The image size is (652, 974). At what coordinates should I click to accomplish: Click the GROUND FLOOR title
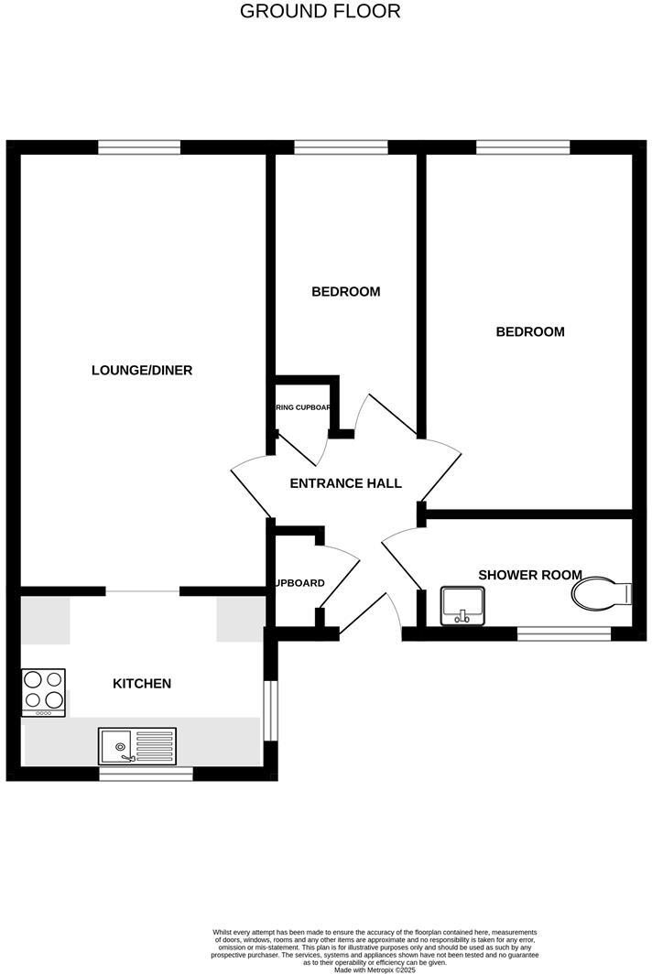(x=320, y=12)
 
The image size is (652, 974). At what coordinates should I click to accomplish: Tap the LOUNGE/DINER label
(x=142, y=371)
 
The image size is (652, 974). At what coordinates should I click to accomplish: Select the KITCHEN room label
(x=142, y=684)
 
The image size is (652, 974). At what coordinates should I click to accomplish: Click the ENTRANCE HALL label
(x=345, y=483)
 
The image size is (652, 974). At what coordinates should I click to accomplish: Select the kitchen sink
(x=137, y=745)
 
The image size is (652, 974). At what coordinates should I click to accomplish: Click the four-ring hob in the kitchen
(x=43, y=692)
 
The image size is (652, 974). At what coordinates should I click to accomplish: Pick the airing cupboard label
(x=302, y=407)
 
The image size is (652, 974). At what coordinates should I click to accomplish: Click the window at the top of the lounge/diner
(x=139, y=146)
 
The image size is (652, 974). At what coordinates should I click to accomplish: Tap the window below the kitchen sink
(x=147, y=774)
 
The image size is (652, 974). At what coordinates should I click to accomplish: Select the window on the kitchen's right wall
(x=271, y=709)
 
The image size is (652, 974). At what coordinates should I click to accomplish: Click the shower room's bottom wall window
(x=564, y=633)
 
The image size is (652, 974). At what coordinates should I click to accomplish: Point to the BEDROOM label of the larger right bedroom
(x=530, y=331)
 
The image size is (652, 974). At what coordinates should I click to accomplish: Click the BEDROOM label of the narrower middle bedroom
(x=345, y=292)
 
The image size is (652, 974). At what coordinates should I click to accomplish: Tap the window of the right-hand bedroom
(x=523, y=146)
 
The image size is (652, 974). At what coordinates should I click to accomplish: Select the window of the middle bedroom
(x=341, y=146)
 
